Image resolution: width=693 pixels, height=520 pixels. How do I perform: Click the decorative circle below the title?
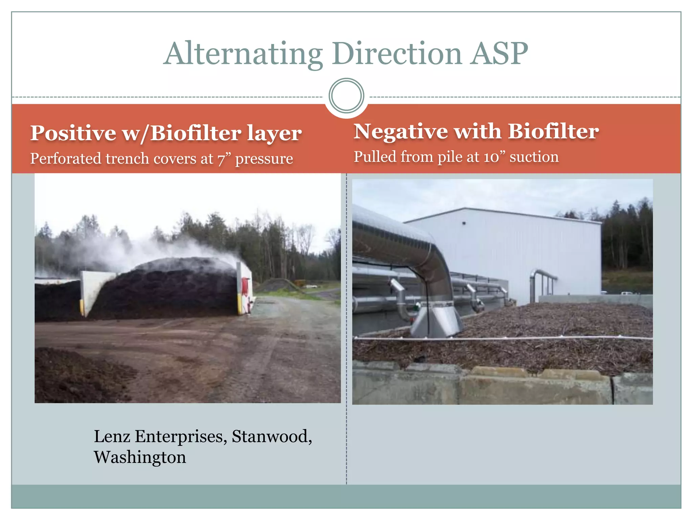pos(346,96)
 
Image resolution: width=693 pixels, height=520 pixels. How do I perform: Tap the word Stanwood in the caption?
pos(272,436)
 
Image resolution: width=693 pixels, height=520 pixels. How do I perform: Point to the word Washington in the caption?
pos(140,457)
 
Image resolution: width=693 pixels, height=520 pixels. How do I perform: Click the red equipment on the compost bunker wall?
pos(246,286)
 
